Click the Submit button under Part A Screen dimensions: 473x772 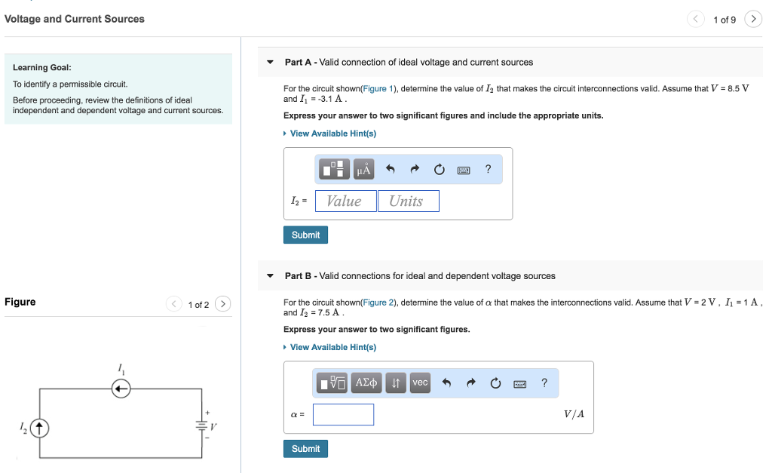coord(305,235)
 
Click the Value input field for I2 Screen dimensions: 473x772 coord(345,201)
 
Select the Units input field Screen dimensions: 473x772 coord(408,201)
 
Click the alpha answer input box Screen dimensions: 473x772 coord(343,415)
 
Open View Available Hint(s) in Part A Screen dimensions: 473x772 coord(332,134)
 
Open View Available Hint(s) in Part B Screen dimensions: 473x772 coord(332,347)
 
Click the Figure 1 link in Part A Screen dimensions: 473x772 coord(379,89)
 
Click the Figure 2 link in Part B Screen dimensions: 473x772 coord(379,303)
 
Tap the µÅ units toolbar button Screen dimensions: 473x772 coord(363,170)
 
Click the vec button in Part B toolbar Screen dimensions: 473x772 coord(420,383)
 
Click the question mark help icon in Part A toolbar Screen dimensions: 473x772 coord(488,170)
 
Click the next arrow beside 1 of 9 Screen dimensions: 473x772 coord(753,20)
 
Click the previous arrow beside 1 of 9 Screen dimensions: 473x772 coord(695,20)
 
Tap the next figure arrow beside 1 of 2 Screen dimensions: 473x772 coord(222,304)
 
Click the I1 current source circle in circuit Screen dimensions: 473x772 coord(121,389)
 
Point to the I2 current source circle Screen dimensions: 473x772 coord(39,428)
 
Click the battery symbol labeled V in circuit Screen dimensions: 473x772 coord(201,424)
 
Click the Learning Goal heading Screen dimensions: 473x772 coord(41,68)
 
